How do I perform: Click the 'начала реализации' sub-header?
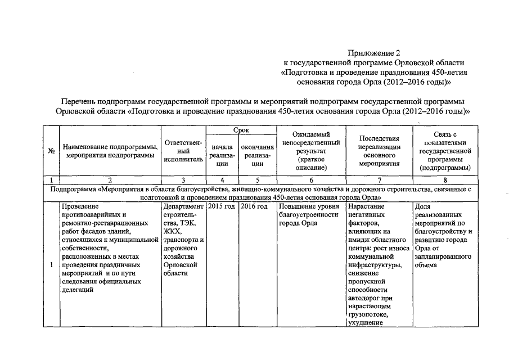(x=222, y=155)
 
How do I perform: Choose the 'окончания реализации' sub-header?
(x=257, y=155)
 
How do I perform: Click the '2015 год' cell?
(x=221, y=207)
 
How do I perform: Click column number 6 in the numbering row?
(x=309, y=180)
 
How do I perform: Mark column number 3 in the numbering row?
(x=183, y=180)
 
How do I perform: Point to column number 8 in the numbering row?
(x=445, y=180)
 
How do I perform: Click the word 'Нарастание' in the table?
(x=367, y=207)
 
